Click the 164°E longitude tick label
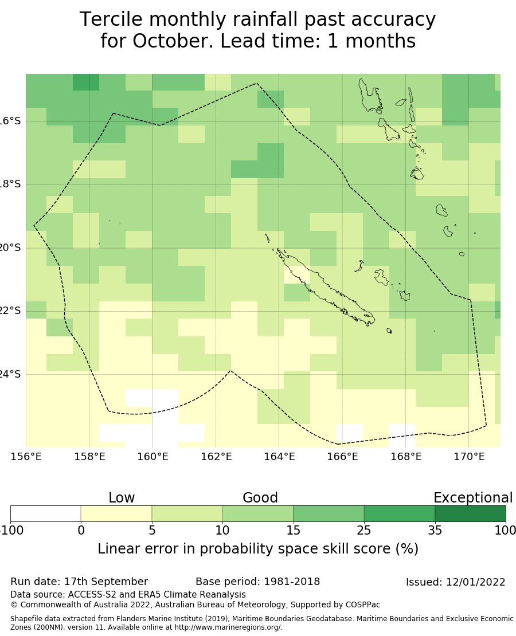(279, 457)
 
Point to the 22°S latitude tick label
(10, 311)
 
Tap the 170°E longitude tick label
(469, 457)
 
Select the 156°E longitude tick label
(26, 457)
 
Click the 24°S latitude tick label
(10, 374)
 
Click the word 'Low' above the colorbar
(122, 498)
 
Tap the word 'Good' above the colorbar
(260, 498)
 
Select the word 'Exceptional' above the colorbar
(472, 498)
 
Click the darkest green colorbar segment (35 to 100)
(470, 513)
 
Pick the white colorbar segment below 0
(46, 513)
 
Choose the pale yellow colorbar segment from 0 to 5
(116, 513)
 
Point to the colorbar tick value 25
(364, 531)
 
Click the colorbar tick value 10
(222, 531)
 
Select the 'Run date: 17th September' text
(79, 582)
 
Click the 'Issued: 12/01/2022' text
(455, 582)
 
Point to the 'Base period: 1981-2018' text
(257, 582)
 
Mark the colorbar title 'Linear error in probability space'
(229, 549)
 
